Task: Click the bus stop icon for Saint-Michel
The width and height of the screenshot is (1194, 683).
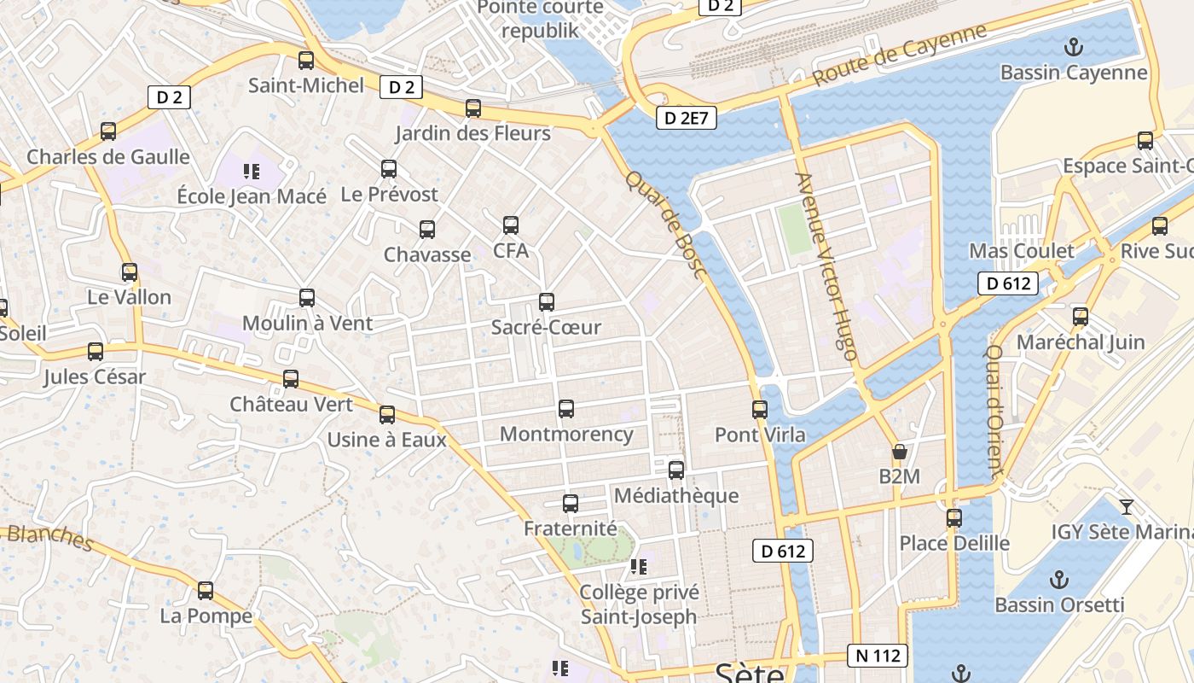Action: (x=306, y=61)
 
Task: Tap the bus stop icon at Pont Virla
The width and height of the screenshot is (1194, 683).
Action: (x=760, y=410)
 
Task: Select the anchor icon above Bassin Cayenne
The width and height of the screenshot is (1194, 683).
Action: (x=1074, y=47)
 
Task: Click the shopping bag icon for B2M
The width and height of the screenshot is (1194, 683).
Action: (x=899, y=451)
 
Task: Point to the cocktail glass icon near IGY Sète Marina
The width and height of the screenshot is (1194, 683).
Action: (x=1127, y=506)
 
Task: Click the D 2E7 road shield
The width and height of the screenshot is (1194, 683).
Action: (x=686, y=118)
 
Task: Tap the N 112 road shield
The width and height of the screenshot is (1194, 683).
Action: (x=878, y=656)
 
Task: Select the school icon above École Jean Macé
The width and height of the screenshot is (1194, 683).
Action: (x=251, y=172)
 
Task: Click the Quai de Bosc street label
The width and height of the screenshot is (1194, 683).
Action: (x=665, y=225)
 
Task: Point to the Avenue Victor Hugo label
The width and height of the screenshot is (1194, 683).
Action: (x=825, y=266)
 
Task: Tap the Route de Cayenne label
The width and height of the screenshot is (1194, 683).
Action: (x=899, y=55)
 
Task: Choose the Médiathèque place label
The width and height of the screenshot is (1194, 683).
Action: (x=676, y=496)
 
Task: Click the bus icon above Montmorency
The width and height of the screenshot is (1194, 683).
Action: (x=566, y=409)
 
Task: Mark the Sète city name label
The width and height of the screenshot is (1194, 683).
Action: (x=749, y=673)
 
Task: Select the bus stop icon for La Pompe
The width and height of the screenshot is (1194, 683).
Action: (x=206, y=591)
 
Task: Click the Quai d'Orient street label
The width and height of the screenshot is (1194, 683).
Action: (x=994, y=409)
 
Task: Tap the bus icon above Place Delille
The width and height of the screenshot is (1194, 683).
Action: (x=954, y=518)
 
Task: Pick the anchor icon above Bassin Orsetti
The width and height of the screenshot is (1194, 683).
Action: (x=1058, y=580)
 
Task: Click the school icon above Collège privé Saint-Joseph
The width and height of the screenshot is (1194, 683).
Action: (x=639, y=566)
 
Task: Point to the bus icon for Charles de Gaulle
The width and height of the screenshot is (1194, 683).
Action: (x=108, y=131)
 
